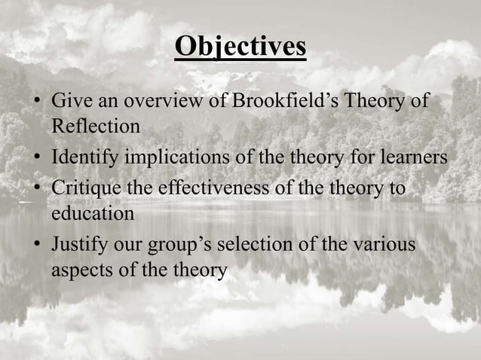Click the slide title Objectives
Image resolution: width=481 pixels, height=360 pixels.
[240, 47]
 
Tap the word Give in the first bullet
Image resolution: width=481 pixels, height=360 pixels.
[68, 101]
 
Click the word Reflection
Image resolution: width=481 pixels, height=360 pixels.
[96, 126]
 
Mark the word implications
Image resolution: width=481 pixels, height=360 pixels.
[176, 158]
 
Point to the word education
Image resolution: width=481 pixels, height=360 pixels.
[93, 213]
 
